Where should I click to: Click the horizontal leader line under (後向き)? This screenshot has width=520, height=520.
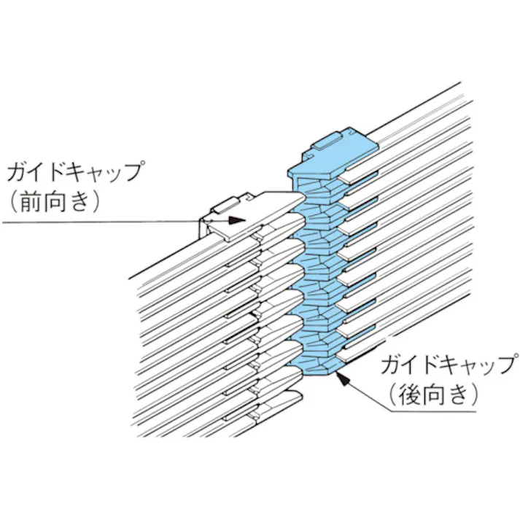438,411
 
